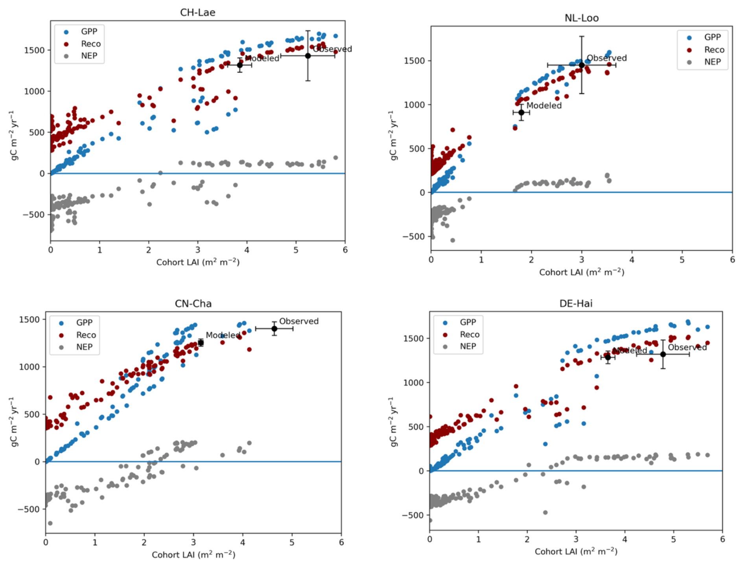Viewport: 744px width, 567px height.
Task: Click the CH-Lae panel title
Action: (197, 13)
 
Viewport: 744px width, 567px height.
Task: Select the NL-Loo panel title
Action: (581, 18)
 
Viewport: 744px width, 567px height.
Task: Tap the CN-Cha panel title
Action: (193, 304)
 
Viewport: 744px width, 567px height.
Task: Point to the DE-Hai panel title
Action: (576, 304)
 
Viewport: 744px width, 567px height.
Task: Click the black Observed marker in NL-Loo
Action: (582, 65)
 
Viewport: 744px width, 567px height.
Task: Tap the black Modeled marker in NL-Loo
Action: (521, 112)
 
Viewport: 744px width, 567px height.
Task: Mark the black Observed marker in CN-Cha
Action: (274, 329)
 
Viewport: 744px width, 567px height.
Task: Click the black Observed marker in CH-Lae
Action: (308, 56)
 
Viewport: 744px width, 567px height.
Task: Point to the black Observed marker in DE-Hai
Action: (663, 354)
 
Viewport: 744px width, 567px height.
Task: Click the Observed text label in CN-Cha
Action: (299, 321)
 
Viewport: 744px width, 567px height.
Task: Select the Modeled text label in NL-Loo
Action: (544, 105)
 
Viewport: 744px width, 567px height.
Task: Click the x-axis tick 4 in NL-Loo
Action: (632, 260)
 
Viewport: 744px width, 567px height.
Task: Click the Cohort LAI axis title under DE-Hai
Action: (576, 551)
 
